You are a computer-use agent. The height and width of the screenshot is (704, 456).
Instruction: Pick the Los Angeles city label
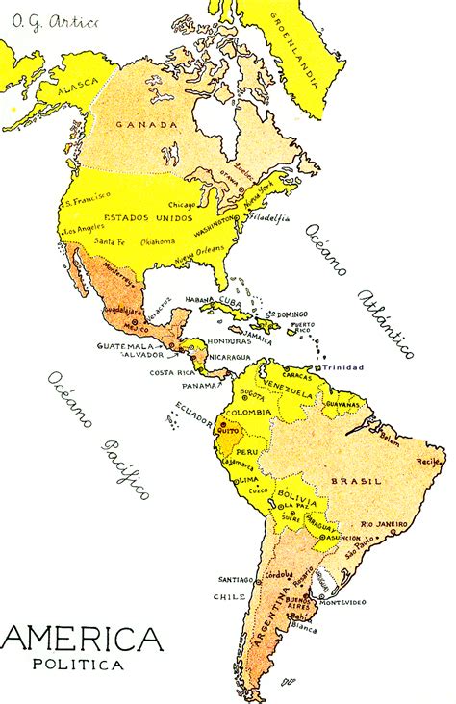85,231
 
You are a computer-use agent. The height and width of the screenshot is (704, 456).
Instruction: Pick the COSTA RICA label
172,372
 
